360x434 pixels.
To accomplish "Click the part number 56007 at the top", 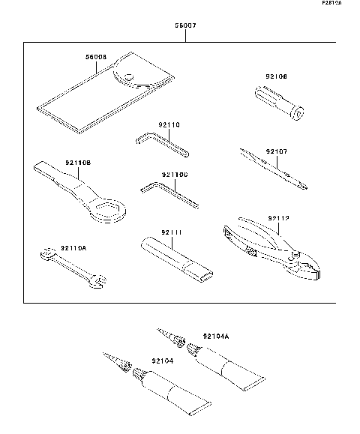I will coord(185,25).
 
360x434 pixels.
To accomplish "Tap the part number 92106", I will coord(276,76).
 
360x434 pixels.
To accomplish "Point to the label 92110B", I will coord(77,163).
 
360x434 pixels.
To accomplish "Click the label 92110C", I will coord(174,175).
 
